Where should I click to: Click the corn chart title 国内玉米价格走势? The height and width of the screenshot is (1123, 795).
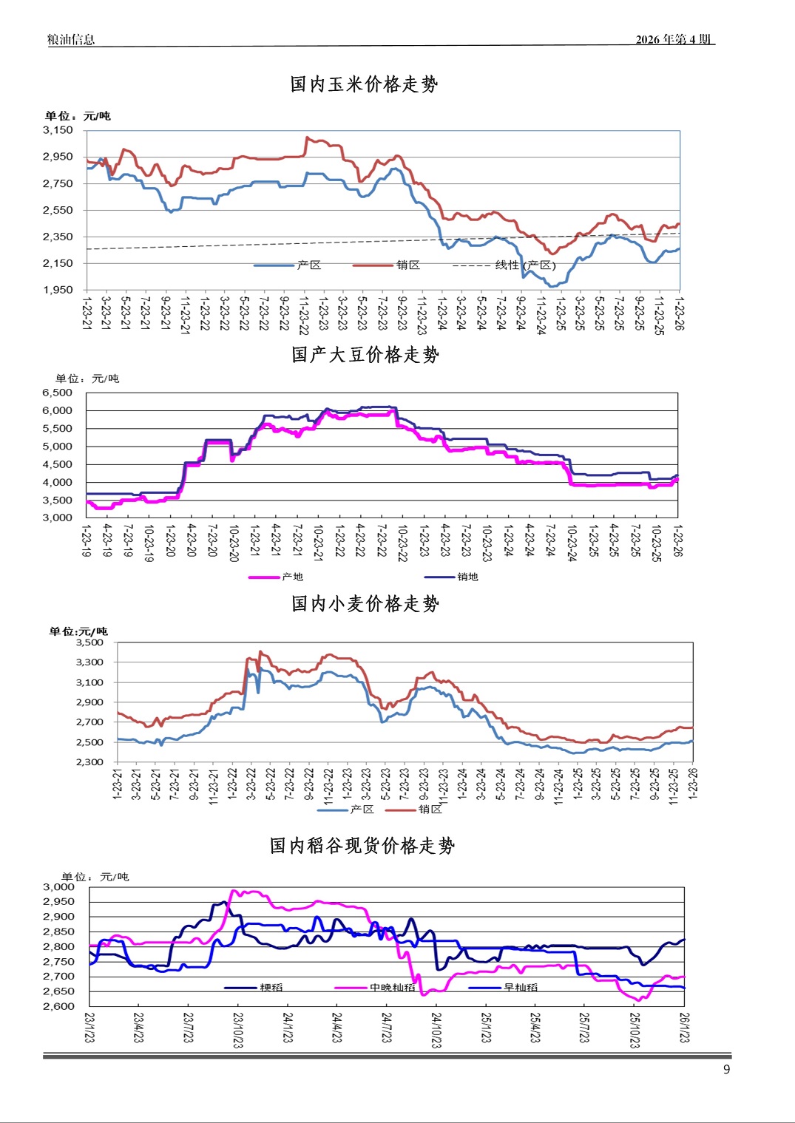pos(364,84)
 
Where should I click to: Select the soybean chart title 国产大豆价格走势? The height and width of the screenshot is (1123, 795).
pos(365,355)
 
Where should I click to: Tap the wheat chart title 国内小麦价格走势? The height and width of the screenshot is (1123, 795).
pos(365,604)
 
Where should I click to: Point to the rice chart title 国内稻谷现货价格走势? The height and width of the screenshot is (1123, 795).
pos(362,846)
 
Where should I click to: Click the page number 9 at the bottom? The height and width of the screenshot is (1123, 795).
pos(726,1070)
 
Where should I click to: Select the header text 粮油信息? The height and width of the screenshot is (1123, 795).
pos(71,40)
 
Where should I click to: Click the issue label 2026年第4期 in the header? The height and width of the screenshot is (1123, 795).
pos(673,40)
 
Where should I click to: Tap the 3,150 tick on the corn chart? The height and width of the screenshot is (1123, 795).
pos(58,130)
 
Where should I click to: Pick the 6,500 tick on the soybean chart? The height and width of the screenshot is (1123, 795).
pos(58,393)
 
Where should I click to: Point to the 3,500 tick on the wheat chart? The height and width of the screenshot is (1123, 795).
pos(89,642)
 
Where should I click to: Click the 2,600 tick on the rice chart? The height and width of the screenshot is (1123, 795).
pos(58,1006)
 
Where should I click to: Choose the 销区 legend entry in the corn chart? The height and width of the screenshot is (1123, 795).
pos(407,265)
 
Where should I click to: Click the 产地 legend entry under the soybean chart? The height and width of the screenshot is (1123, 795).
pos(292,577)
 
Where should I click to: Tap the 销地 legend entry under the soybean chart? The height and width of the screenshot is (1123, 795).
pos(467,577)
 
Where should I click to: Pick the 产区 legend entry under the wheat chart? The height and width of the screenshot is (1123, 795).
pos(362,810)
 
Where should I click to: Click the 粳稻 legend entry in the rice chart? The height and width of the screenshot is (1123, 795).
pos(271,988)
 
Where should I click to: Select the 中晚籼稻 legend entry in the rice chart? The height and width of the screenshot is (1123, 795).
pos(392,988)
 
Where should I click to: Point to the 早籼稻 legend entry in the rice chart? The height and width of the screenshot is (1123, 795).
pos(521,988)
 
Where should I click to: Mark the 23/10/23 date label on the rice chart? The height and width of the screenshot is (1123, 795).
pos(238,1030)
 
